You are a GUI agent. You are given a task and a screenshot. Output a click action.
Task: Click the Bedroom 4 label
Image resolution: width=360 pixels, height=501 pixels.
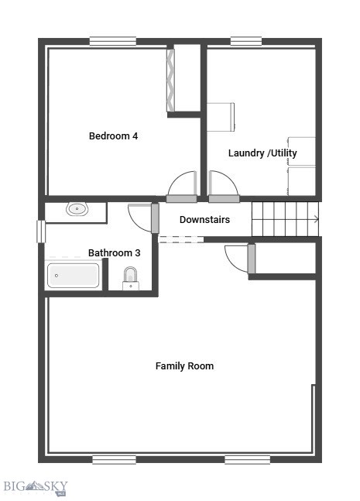coord(113,136)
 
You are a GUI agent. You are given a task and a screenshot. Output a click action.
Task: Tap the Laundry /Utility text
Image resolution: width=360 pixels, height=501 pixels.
coord(262,153)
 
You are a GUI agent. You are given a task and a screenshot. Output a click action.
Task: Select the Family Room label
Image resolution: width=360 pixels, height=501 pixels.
coord(184,365)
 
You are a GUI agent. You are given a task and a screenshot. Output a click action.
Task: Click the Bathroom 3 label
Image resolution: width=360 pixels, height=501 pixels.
coord(114,252)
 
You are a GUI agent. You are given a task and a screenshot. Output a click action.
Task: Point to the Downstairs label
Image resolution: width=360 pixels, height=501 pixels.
coord(204,220)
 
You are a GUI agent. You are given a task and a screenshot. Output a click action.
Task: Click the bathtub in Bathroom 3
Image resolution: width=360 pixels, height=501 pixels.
coord(74,276)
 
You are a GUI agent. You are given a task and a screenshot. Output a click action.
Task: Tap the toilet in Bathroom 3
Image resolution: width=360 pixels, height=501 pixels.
coord(130,277)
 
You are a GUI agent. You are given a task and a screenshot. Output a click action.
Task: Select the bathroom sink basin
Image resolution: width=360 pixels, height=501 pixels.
coord(77,208)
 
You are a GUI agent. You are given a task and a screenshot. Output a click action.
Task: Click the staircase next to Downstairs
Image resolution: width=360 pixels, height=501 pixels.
coord(285,219)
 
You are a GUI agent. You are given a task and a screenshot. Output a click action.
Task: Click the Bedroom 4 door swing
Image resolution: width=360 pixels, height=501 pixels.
coord(184,186)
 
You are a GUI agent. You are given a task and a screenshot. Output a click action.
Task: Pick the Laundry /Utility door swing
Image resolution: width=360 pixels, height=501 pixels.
coord(223,186)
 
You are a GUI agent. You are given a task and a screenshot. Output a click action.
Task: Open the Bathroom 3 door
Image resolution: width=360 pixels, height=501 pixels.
coord(142,218)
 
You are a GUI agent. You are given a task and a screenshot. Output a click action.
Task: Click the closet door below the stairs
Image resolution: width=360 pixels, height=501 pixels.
coord(238,258)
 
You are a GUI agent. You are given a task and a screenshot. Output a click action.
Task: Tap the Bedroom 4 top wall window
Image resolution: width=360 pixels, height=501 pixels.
coord(113,41)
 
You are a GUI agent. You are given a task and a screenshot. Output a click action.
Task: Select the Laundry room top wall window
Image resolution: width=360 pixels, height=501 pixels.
coord(245,41)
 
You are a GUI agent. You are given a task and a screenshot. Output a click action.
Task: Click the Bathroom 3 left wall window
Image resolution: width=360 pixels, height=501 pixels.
coord(41,232)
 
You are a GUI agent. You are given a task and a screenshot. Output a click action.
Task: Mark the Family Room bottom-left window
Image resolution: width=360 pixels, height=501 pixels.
coord(114,459)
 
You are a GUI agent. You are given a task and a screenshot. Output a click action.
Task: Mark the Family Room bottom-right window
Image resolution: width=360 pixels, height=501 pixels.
coord(247,459)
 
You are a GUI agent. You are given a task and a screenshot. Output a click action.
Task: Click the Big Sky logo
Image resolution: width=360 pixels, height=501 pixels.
coord(35,487)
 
